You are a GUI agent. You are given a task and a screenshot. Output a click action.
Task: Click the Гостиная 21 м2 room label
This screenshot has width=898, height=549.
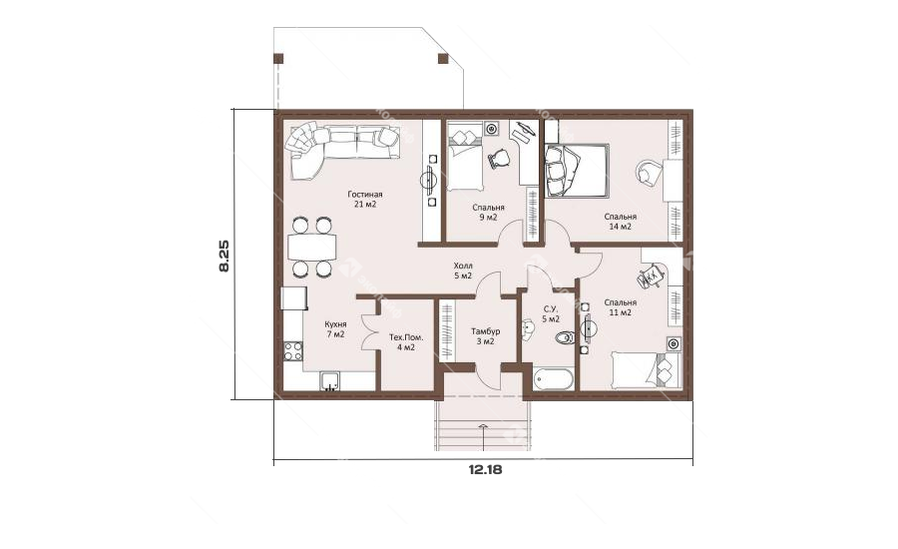365,200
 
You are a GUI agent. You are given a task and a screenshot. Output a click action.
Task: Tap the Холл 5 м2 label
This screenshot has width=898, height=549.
463,272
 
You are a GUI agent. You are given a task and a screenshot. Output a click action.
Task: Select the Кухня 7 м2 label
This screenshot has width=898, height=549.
335,329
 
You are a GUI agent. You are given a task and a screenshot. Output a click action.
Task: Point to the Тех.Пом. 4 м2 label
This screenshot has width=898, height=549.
406,342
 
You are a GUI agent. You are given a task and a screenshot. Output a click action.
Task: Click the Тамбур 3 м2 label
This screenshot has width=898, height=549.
485,336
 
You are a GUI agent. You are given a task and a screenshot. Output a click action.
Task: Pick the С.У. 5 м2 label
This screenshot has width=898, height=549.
551,314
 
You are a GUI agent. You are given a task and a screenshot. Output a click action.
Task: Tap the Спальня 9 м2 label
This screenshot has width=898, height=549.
488,212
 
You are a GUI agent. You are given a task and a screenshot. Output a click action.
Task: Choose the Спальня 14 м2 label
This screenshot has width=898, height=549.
621,222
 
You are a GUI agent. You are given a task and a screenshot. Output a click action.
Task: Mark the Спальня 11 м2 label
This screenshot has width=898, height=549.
620,307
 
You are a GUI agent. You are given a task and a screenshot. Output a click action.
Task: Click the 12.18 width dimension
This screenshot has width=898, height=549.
485,470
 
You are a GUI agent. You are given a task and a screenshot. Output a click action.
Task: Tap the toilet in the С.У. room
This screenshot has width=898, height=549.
565,337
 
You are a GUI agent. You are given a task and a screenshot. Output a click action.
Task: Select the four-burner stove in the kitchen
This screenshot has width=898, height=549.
293,350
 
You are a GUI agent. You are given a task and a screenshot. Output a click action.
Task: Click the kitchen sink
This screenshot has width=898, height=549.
330,381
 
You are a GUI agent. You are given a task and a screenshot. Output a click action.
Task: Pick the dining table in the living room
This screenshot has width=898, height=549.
311,248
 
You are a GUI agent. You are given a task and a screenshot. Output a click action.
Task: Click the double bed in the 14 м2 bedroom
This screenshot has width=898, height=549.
576,171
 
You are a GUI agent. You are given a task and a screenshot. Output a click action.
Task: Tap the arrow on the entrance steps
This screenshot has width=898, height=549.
483,436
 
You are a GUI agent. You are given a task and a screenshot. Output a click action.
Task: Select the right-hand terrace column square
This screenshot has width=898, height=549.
442,58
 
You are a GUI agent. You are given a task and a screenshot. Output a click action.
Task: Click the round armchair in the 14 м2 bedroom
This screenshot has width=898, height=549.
649,172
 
